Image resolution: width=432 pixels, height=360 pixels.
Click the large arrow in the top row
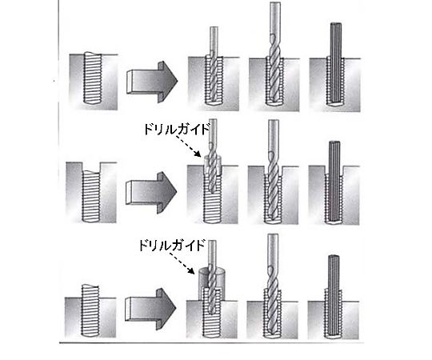152,82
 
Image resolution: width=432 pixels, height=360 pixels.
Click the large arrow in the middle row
151,193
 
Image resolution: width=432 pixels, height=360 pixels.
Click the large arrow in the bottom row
150,309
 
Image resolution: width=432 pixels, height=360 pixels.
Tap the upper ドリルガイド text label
177,129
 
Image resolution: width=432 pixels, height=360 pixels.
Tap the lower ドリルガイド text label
172,245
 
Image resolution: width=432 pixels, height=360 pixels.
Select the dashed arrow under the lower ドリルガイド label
182,263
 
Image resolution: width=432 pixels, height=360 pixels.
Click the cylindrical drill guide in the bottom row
211,283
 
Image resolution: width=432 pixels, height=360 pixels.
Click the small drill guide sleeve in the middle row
213,166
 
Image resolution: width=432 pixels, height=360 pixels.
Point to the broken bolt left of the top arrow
93,78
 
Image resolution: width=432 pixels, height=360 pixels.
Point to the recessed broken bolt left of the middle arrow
91,196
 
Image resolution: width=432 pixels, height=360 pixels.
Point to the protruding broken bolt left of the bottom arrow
90,311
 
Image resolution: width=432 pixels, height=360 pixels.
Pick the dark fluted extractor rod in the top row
335,64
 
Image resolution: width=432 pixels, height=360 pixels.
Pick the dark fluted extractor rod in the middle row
334,182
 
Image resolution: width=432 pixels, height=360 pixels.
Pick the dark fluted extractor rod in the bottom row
334,296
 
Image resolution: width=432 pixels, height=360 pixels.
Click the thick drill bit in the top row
274,54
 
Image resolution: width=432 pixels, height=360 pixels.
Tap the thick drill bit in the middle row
273,170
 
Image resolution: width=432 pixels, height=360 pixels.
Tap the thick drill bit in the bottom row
273,286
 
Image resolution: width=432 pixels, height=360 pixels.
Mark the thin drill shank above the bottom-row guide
212,253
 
